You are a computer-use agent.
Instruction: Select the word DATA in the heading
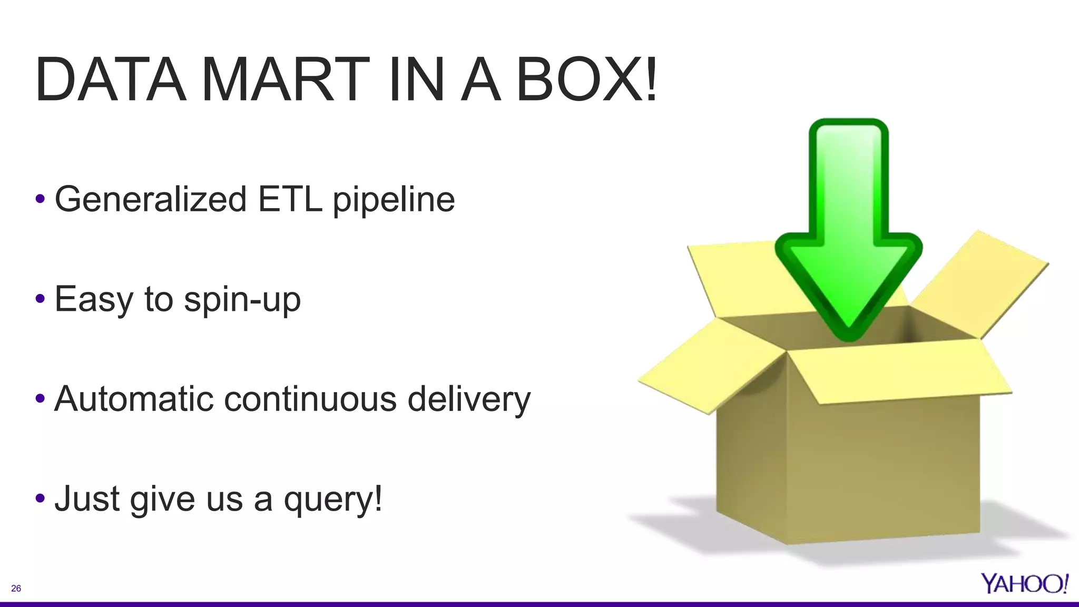click(111, 80)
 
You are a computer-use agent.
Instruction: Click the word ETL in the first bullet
click(290, 199)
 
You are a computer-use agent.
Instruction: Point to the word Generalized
click(151, 199)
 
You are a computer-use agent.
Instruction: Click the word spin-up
click(242, 300)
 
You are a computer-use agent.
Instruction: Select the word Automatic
click(134, 399)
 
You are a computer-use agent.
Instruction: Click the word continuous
click(310, 399)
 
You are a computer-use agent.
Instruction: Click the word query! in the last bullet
click(333, 500)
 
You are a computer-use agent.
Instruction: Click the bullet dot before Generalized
click(40, 200)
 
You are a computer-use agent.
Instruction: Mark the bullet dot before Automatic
click(40, 399)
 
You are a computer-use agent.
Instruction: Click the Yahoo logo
click(1024, 583)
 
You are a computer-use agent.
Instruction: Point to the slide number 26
click(16, 589)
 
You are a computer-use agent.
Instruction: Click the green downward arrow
click(848, 237)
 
